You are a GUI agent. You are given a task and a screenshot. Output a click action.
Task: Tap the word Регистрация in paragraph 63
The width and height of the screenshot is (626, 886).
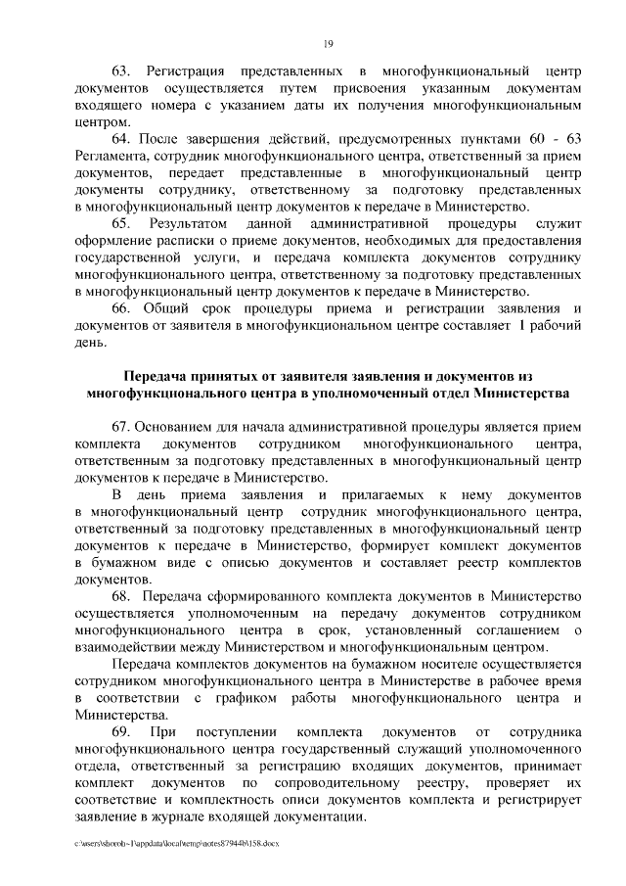pyautogui.click(x=186, y=72)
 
